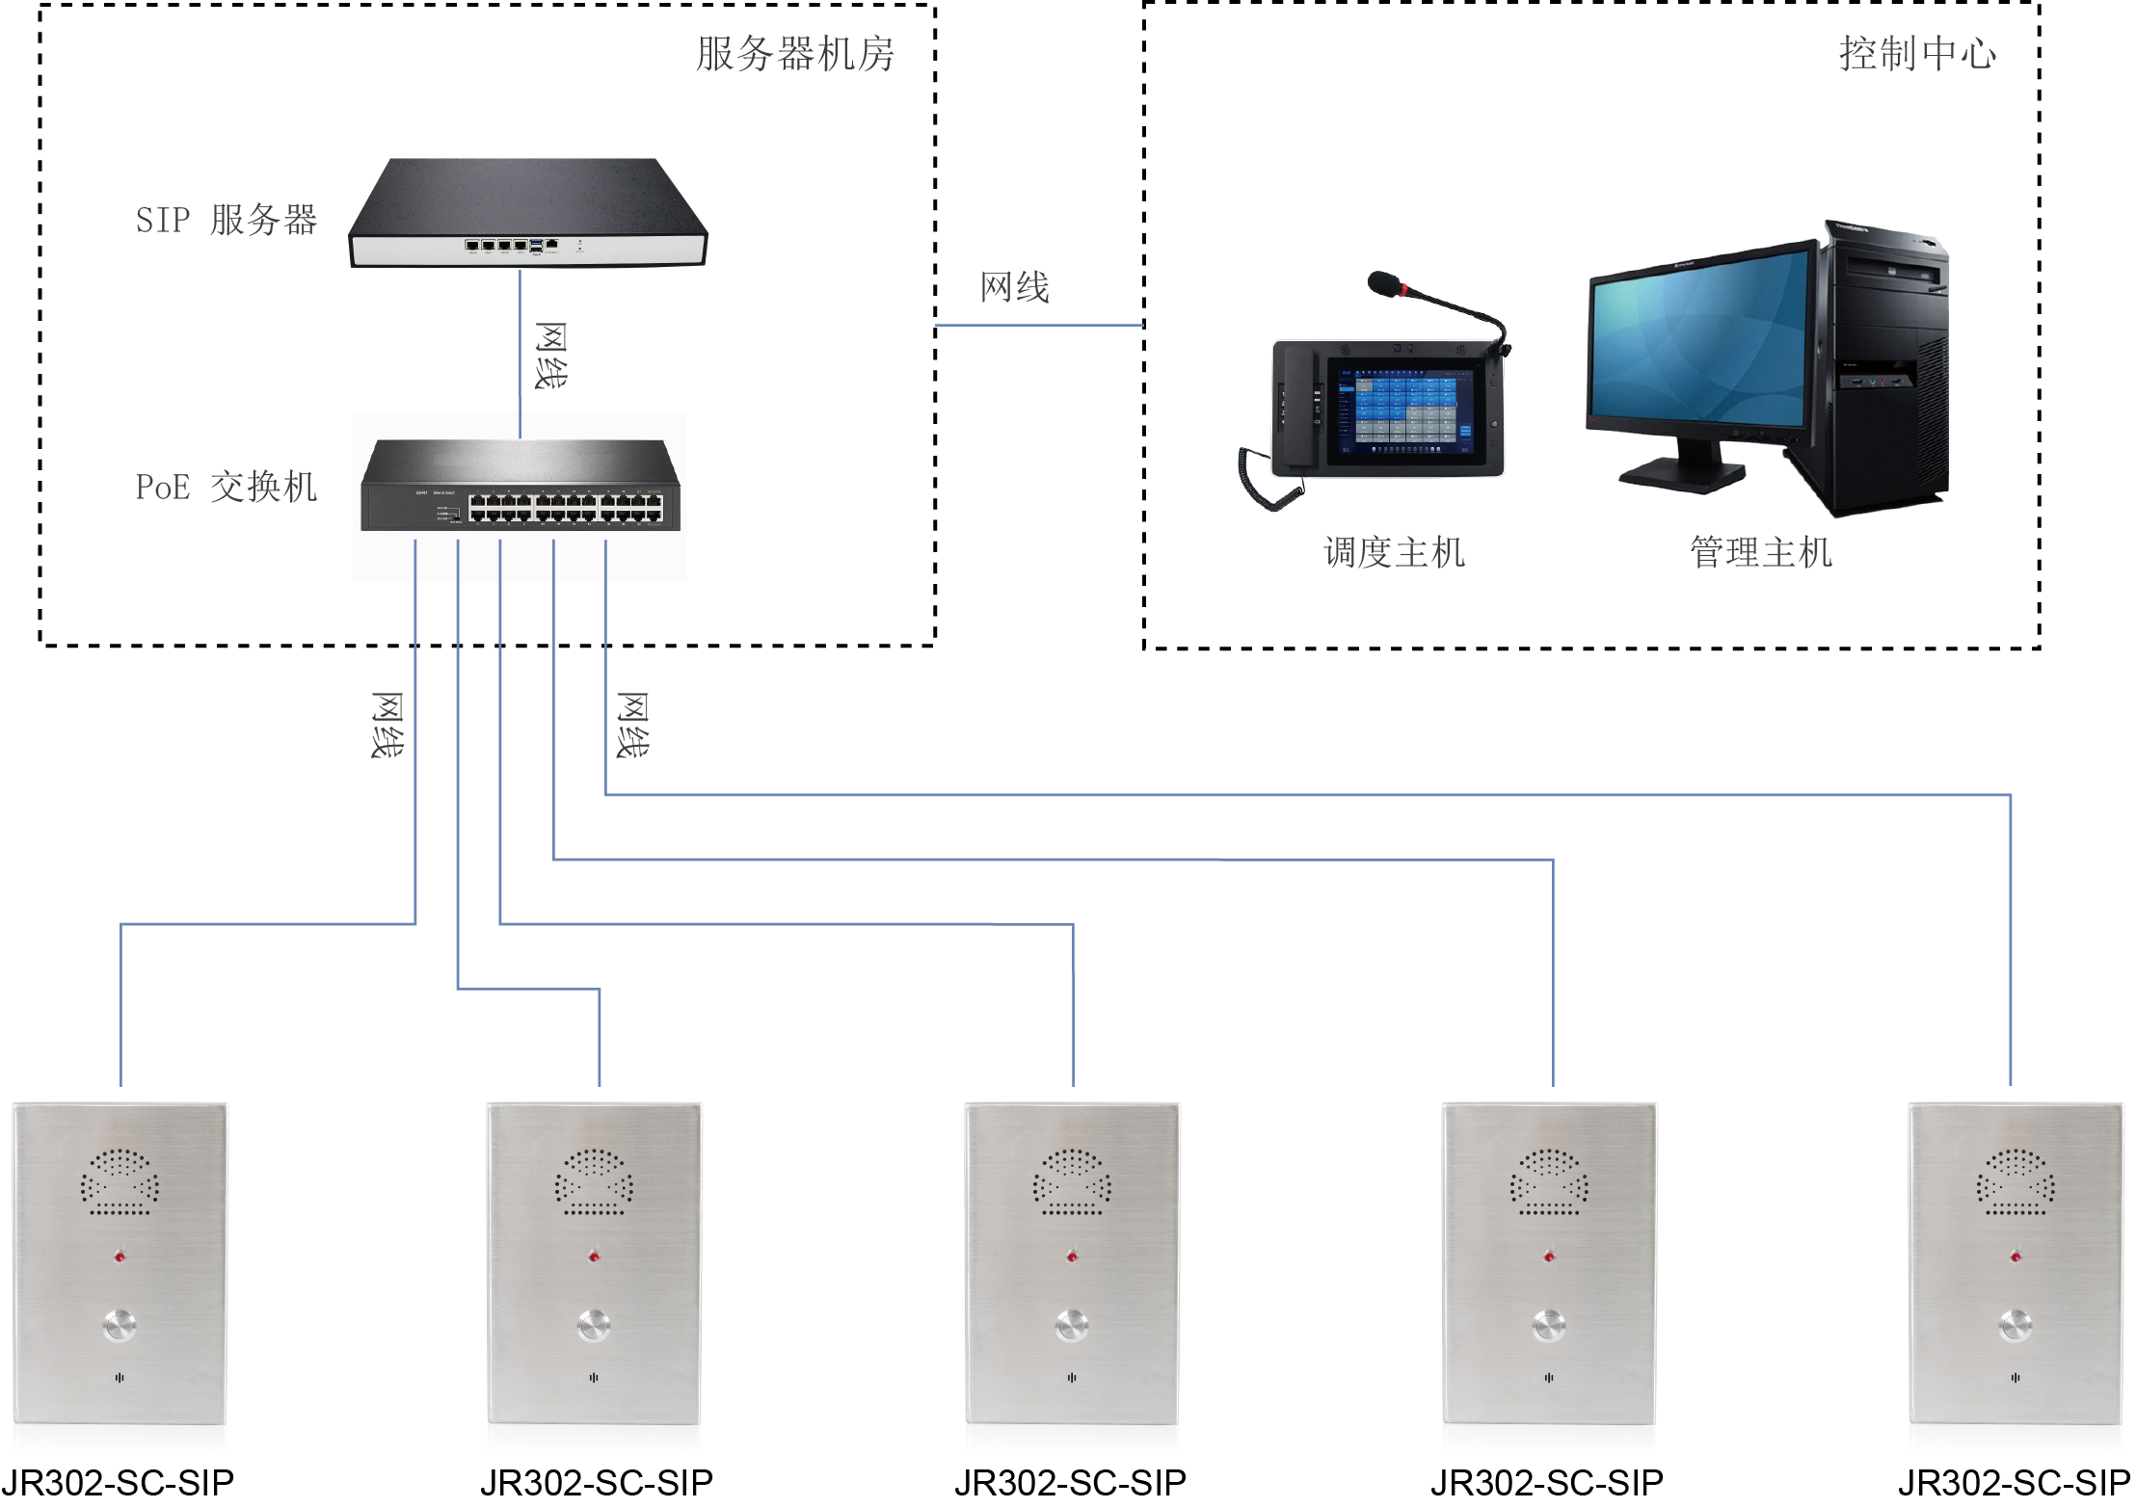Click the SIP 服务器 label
pyautogui.click(x=227, y=220)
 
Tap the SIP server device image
pyautogui.click(x=527, y=213)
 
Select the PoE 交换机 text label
pyautogui.click(x=227, y=488)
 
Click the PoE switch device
pyautogui.click(x=521, y=487)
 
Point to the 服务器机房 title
pyautogui.click(x=795, y=54)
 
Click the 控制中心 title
pyautogui.click(x=1917, y=54)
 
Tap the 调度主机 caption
pyautogui.click(x=1394, y=553)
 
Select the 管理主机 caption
pyautogui.click(x=1760, y=553)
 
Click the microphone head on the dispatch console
pyautogui.click(x=1384, y=283)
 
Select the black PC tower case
pyautogui.click(x=1884, y=366)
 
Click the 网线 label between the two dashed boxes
pyautogui.click(x=1014, y=287)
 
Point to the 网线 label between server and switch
pyautogui.click(x=551, y=356)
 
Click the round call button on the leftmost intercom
pyautogui.click(x=120, y=1325)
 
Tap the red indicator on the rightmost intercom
pyautogui.click(x=2016, y=1257)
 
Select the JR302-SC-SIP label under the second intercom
pyautogui.click(x=597, y=1482)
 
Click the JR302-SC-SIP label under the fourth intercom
pyautogui.click(x=1547, y=1482)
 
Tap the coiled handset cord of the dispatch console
pyautogui.click(x=1263, y=482)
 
